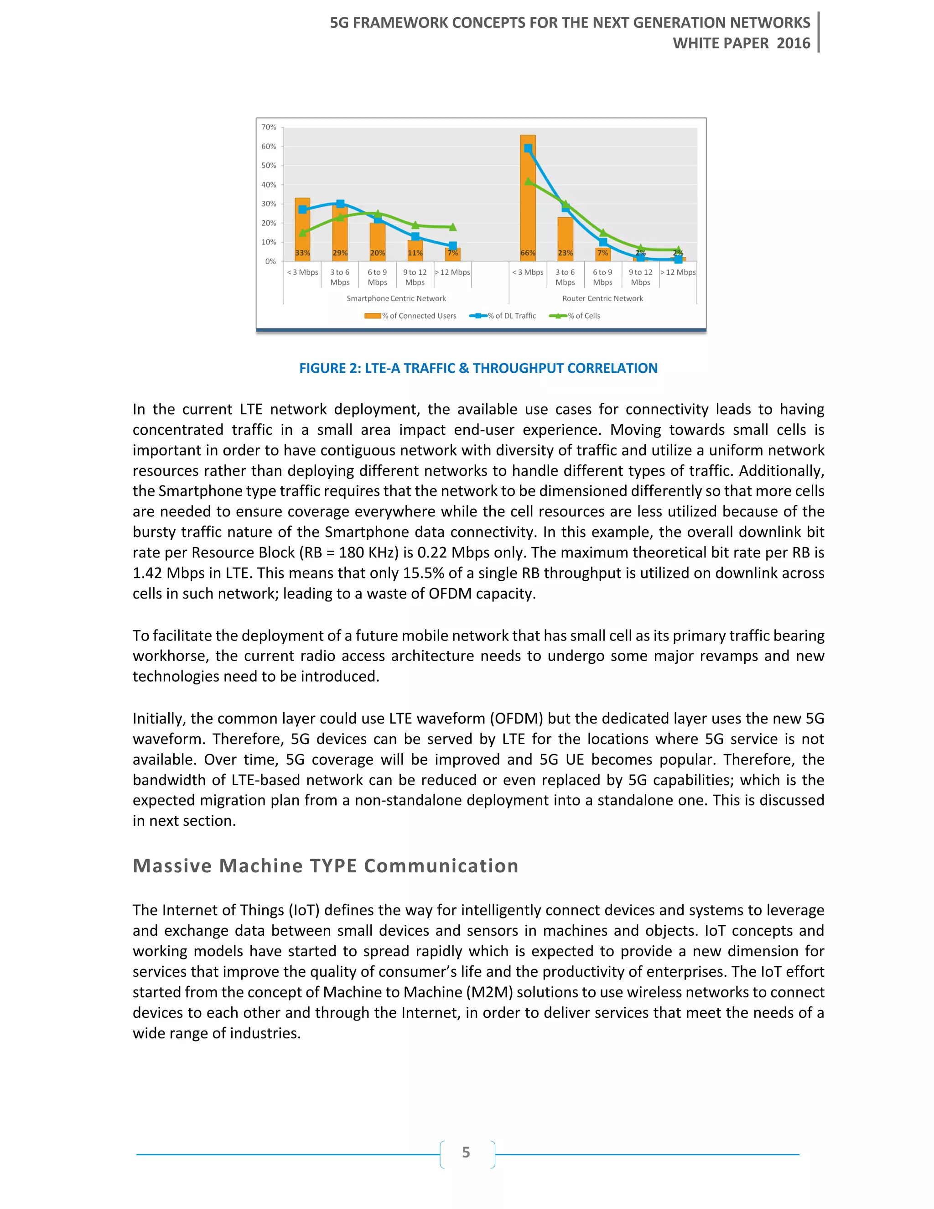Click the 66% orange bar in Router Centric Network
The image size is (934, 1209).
click(527, 199)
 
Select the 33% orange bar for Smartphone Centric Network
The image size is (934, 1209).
click(302, 230)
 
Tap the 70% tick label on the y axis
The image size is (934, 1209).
click(269, 127)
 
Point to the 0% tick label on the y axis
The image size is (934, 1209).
click(270, 261)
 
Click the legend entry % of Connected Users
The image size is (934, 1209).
click(410, 316)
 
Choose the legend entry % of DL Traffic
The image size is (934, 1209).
click(503, 316)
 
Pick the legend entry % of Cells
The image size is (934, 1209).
click(575, 316)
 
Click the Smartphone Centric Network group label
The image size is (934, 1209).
click(396, 298)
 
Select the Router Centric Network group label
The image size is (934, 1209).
click(602, 298)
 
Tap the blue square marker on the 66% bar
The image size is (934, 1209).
click(528, 148)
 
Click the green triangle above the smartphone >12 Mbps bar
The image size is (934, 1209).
click(452, 227)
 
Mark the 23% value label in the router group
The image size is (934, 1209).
click(565, 253)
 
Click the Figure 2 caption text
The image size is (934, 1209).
click(478, 368)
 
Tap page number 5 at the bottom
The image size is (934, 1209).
click(466, 1152)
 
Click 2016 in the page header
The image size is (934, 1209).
click(793, 43)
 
